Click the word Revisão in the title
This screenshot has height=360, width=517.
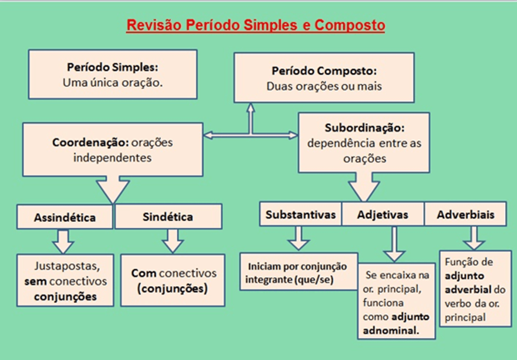click(154, 25)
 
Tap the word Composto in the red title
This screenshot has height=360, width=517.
click(350, 25)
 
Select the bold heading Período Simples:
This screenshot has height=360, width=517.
click(112, 67)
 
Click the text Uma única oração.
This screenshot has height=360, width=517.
click(112, 83)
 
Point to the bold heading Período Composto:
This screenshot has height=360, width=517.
click(324, 71)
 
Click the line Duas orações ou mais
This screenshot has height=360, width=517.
click(324, 87)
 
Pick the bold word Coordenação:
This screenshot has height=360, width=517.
click(90, 143)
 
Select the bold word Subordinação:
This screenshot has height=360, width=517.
click(364, 128)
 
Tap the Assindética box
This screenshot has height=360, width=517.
click(65, 217)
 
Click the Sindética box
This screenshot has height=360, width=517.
click(168, 216)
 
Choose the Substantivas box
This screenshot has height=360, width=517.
click(301, 214)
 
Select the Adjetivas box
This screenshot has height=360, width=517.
click(383, 214)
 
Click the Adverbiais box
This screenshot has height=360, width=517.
click(466, 214)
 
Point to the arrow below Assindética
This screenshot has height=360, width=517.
click(63, 242)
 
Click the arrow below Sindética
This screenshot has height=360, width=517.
click(173, 241)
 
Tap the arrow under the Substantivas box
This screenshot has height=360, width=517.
click(299, 238)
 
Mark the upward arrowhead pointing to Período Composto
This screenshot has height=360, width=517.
click(251, 108)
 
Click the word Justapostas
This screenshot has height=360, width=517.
click(67, 266)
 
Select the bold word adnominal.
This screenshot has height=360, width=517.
click(391, 330)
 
